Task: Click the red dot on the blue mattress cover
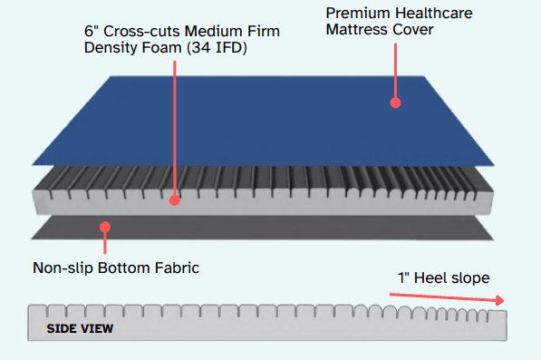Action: [395, 102]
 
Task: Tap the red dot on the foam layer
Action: [175, 200]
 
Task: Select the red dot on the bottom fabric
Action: [105, 227]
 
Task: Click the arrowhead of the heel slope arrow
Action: [499, 300]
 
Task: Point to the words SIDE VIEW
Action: [80, 328]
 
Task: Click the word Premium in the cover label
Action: [358, 14]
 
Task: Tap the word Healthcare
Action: [434, 14]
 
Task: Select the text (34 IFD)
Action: [217, 48]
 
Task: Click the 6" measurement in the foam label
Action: [92, 31]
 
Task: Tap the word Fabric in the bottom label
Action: [177, 268]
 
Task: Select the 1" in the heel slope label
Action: [403, 277]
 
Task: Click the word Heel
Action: [429, 277]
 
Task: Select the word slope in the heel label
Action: [469, 278]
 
